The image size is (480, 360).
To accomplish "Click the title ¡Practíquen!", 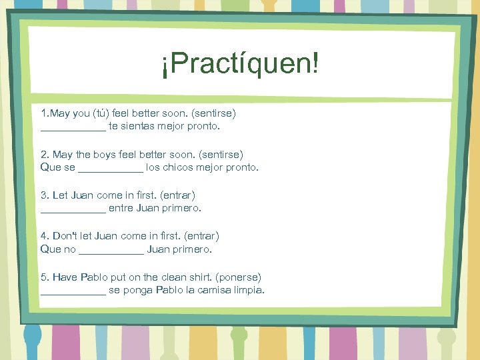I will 240,65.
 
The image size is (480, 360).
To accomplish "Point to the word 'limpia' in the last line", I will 250,290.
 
